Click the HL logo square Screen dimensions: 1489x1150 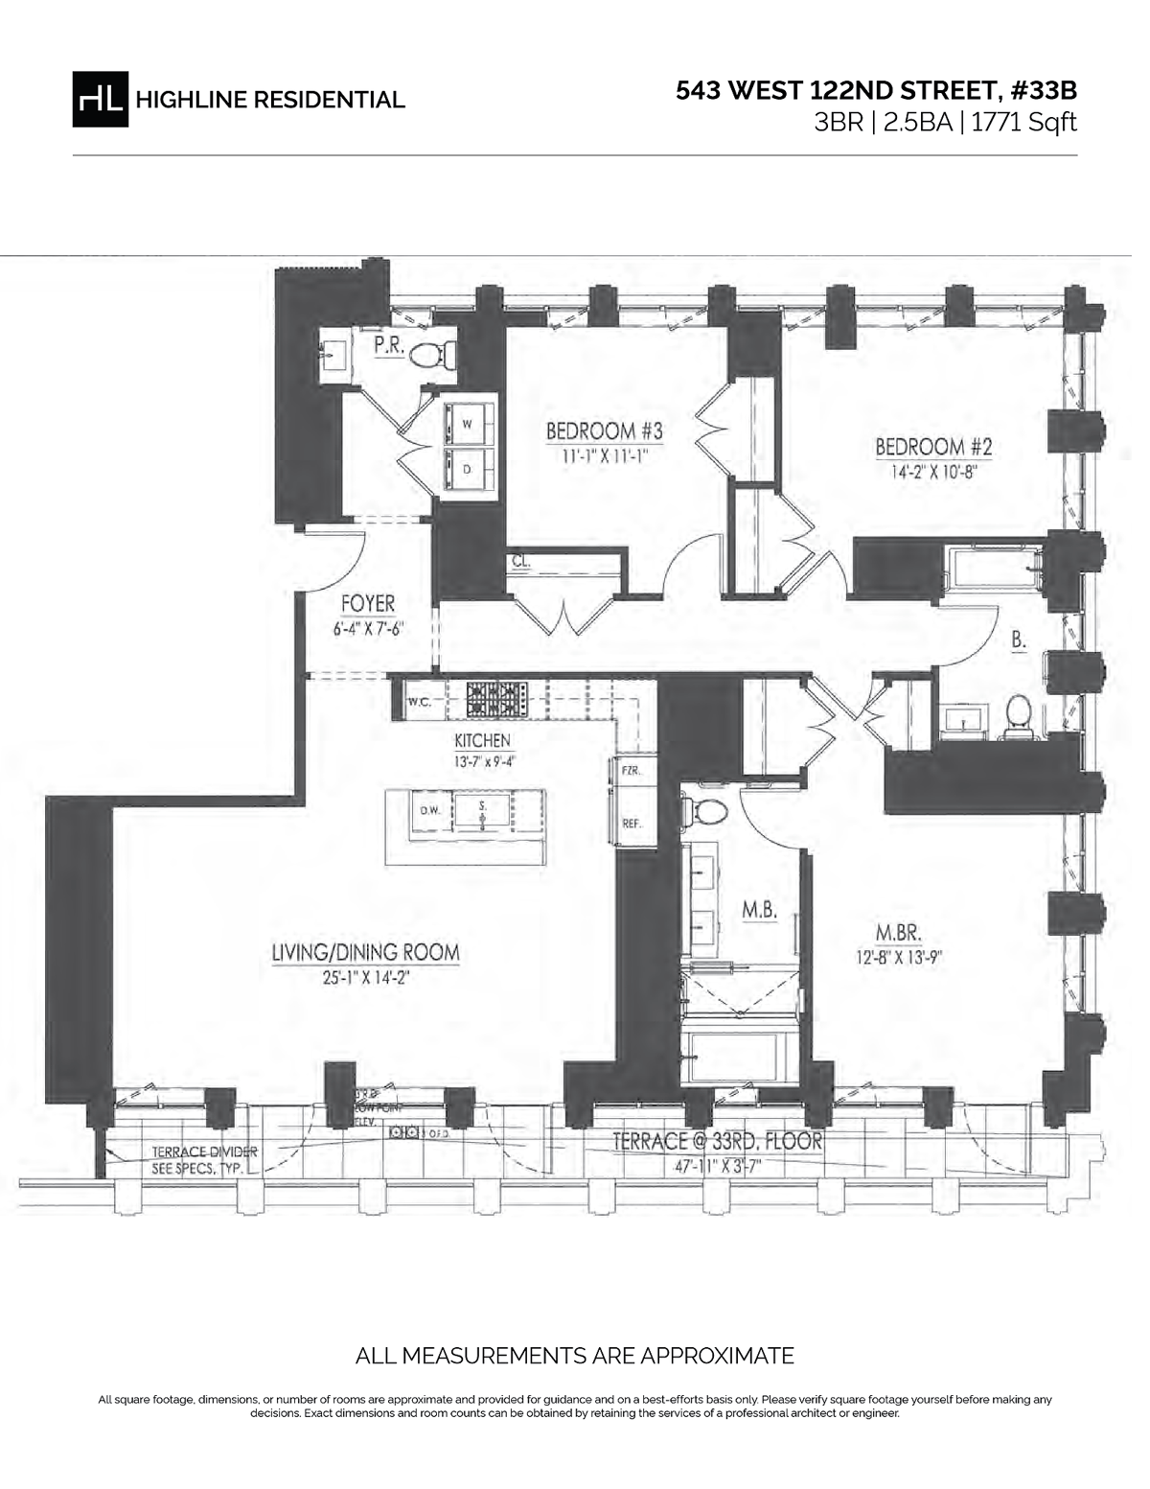click(x=100, y=99)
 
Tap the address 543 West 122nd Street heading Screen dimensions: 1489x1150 click(x=876, y=91)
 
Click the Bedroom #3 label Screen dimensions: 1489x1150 click(x=604, y=431)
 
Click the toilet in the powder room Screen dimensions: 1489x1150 click(x=432, y=355)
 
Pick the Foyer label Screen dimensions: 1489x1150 click(x=368, y=604)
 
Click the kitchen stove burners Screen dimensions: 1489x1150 click(x=496, y=699)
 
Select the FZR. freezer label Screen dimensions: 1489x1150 click(x=631, y=771)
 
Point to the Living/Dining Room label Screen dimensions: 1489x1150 click(x=365, y=953)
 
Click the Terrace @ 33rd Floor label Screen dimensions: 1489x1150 click(x=717, y=1142)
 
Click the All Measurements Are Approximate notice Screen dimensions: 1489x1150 click(x=574, y=1356)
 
